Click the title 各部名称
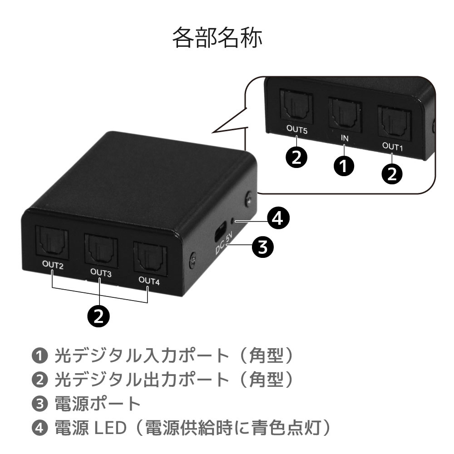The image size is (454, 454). click(x=217, y=39)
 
